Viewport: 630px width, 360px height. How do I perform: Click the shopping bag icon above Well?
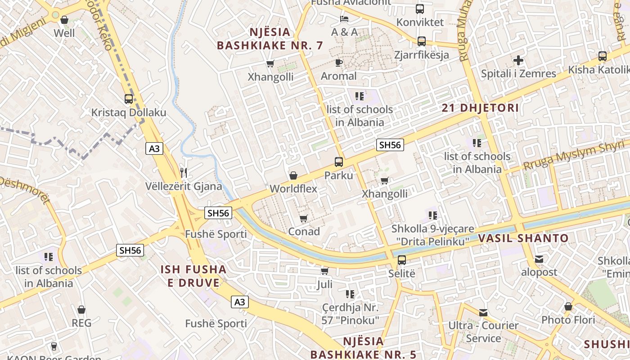tap(64, 20)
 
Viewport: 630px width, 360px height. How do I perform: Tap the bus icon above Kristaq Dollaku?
tap(129, 99)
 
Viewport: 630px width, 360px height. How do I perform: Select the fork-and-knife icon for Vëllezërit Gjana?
tap(184, 172)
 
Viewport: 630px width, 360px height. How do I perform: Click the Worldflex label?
tap(293, 189)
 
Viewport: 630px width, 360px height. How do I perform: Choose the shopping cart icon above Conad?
tap(304, 218)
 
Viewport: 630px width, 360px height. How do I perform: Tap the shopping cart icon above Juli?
tap(324, 271)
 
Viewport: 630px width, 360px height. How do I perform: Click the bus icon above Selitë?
tap(402, 260)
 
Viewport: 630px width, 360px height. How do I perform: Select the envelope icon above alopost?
tap(539, 259)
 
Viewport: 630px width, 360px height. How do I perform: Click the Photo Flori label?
tap(568, 320)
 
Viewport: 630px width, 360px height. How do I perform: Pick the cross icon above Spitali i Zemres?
tap(518, 60)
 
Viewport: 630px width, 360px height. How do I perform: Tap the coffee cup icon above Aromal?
tap(339, 63)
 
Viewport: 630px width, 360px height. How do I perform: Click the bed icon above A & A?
tap(344, 19)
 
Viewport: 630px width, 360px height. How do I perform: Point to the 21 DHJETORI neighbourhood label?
tap(480, 108)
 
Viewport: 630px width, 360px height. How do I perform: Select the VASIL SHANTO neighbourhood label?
tap(523, 238)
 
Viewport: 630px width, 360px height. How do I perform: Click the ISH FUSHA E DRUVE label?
tap(193, 276)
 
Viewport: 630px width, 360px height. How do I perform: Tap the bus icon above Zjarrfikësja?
tap(422, 41)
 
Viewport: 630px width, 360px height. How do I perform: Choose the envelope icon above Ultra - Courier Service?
tap(483, 312)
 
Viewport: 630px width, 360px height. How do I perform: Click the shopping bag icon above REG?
tap(81, 310)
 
